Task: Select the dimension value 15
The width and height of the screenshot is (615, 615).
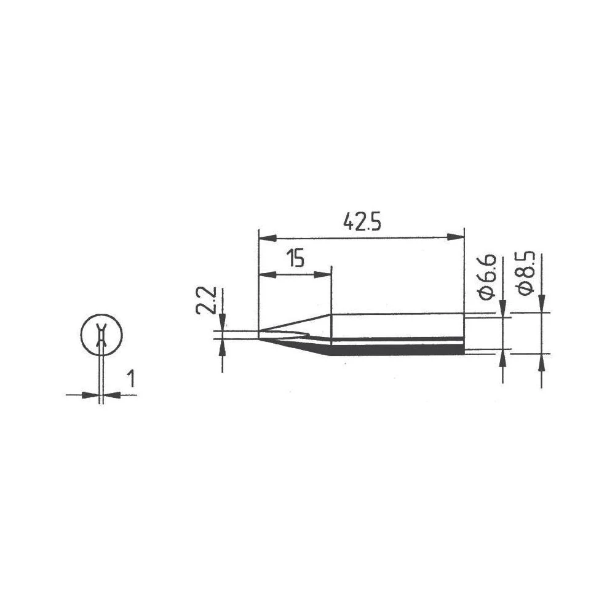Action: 295,258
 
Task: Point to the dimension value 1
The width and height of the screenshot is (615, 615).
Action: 130,378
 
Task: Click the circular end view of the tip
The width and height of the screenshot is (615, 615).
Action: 101,335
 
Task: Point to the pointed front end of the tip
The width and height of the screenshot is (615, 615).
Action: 260,335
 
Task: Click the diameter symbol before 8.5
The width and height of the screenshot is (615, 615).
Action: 525,289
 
